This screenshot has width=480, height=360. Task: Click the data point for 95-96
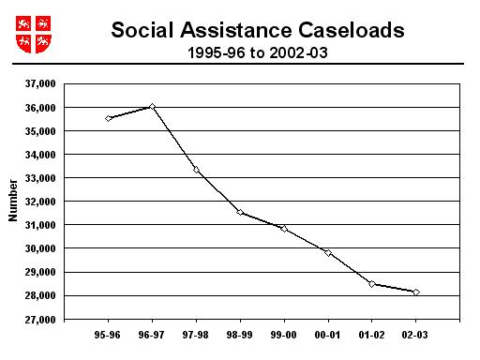(109, 118)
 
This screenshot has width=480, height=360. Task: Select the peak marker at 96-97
(152, 107)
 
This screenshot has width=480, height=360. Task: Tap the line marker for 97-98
(196, 169)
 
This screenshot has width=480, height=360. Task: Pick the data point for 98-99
(240, 212)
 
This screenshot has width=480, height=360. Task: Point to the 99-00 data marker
(284, 229)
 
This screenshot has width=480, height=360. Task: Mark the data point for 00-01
(328, 252)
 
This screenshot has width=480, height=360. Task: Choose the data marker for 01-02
(372, 284)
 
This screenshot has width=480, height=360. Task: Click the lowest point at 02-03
(416, 292)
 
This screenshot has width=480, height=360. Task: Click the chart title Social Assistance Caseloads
(258, 30)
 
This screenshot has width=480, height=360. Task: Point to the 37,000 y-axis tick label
(39, 83)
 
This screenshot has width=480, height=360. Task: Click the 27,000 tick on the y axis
(39, 320)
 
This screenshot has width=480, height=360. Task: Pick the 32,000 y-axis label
(39, 202)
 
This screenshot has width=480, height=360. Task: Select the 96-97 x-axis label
(152, 335)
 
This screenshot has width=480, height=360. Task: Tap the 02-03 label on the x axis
(416, 335)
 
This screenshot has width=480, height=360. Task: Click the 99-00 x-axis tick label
(284, 335)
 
